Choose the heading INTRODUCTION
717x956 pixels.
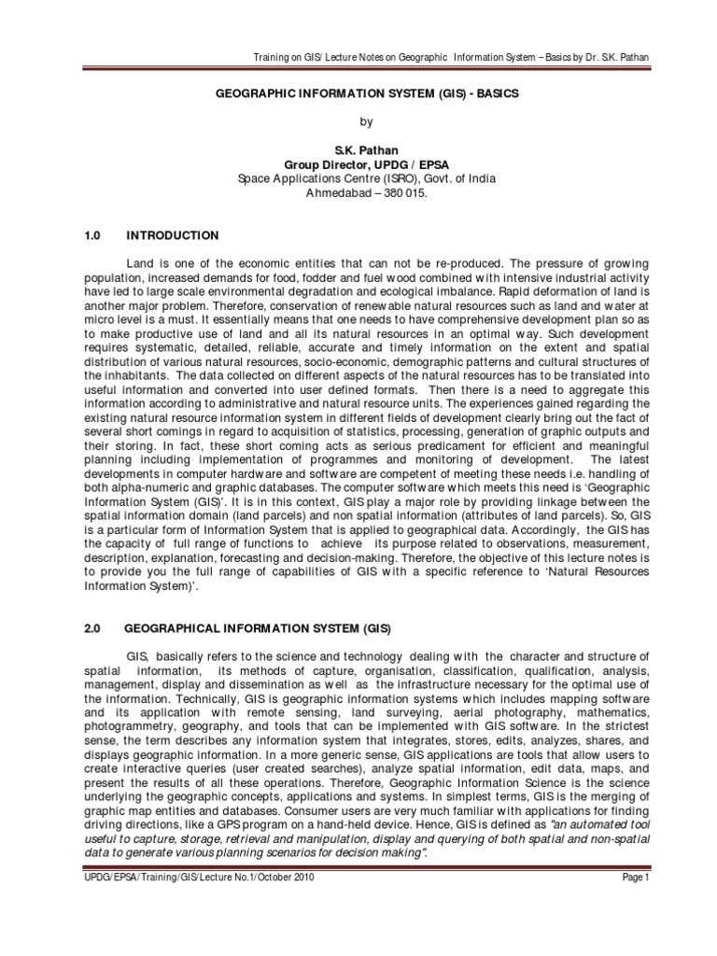173,235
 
